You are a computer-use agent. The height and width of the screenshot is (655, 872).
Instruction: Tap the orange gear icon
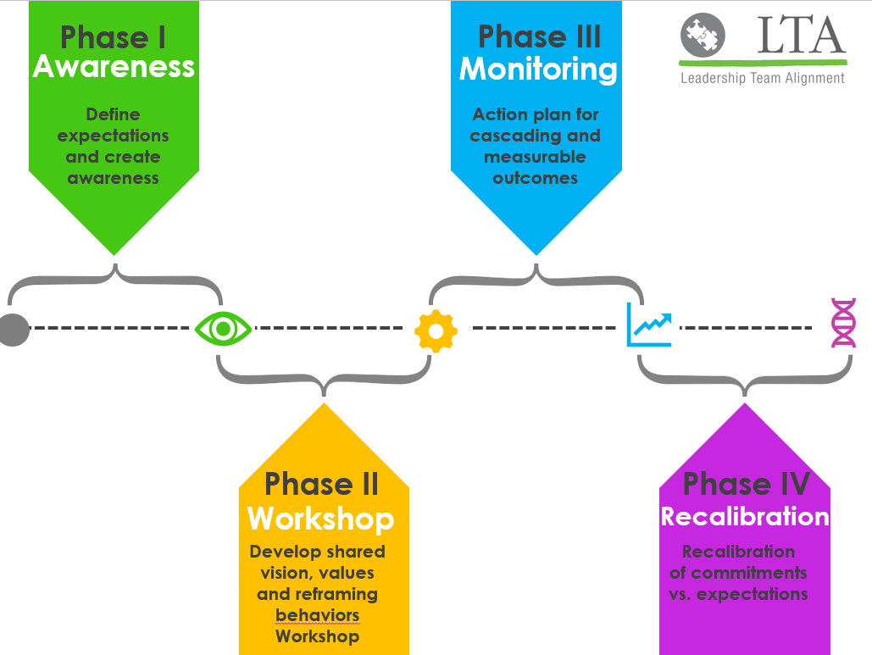pos(436,330)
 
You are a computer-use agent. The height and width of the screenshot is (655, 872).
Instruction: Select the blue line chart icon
pos(649,325)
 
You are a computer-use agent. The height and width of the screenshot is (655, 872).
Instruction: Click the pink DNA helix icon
pos(843,323)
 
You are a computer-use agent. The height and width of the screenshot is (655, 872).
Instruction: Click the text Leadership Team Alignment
pos(763,78)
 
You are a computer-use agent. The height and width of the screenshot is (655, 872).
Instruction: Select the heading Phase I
pos(114,37)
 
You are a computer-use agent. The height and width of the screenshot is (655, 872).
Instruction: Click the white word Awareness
pos(114,67)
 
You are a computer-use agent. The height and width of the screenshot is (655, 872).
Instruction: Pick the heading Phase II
pos(321,485)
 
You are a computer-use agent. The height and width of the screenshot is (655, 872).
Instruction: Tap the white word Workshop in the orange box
pos(321,518)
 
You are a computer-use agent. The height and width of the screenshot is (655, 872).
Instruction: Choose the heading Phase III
pos(539,37)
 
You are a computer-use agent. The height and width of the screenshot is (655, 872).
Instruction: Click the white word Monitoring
pos(538,69)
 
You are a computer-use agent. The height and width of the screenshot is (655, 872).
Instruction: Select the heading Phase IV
pos(746,485)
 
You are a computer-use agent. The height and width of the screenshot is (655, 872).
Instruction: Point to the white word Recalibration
pos(745,516)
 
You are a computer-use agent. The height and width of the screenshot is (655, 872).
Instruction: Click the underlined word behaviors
pos(318,614)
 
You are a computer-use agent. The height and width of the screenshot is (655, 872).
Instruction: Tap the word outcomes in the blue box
pos(536,178)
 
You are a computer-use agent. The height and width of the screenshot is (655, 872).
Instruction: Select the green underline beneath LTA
pos(763,62)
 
